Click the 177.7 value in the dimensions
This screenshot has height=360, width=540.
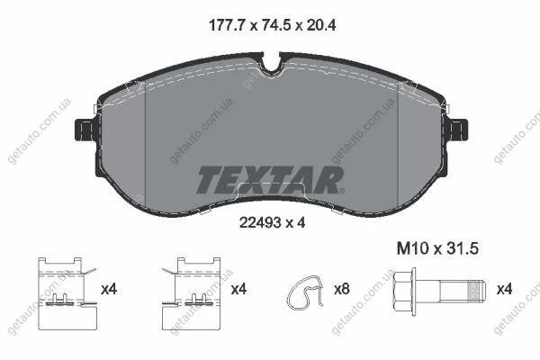tap(227, 25)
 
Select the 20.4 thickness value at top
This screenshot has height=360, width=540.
tap(321, 25)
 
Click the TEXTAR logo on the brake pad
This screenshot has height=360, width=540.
tap(269, 179)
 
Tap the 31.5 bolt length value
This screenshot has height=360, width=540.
tap(463, 248)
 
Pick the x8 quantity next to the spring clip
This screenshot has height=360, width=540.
tap(342, 289)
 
